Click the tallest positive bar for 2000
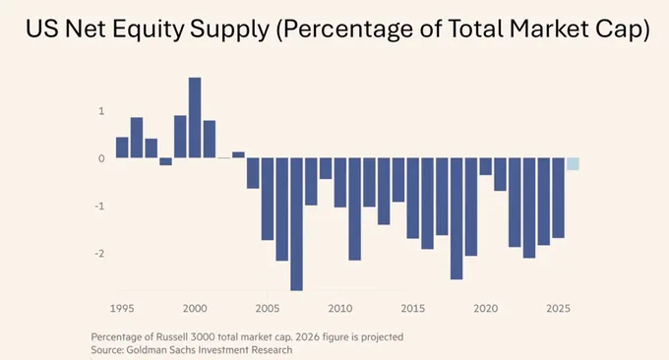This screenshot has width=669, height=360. pyautogui.click(x=195, y=118)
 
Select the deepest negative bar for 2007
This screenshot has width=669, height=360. pyautogui.click(x=296, y=224)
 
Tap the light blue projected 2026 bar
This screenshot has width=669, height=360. pyautogui.click(x=573, y=164)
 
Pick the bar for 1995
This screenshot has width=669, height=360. pyautogui.click(x=122, y=148)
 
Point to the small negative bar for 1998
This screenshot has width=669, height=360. pyautogui.click(x=165, y=161)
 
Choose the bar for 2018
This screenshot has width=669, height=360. pyautogui.click(x=456, y=218)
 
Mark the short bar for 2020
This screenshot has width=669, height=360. pyautogui.click(x=486, y=166)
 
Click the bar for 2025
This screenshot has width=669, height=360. pyautogui.click(x=559, y=198)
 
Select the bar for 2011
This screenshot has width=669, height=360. pyautogui.click(x=354, y=209)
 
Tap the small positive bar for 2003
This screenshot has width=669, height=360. pyautogui.click(x=238, y=154)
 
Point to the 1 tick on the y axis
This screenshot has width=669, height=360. pyautogui.click(x=101, y=111)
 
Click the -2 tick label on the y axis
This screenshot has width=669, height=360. pyautogui.click(x=99, y=254)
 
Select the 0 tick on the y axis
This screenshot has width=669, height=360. pyautogui.click(x=101, y=158)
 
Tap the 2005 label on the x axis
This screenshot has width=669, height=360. pyautogui.click(x=268, y=309)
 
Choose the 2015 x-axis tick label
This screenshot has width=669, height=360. pyautogui.click(x=413, y=309)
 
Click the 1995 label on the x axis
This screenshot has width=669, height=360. pyautogui.click(x=122, y=309)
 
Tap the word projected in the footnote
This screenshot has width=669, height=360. pyautogui.click(x=383, y=337)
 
